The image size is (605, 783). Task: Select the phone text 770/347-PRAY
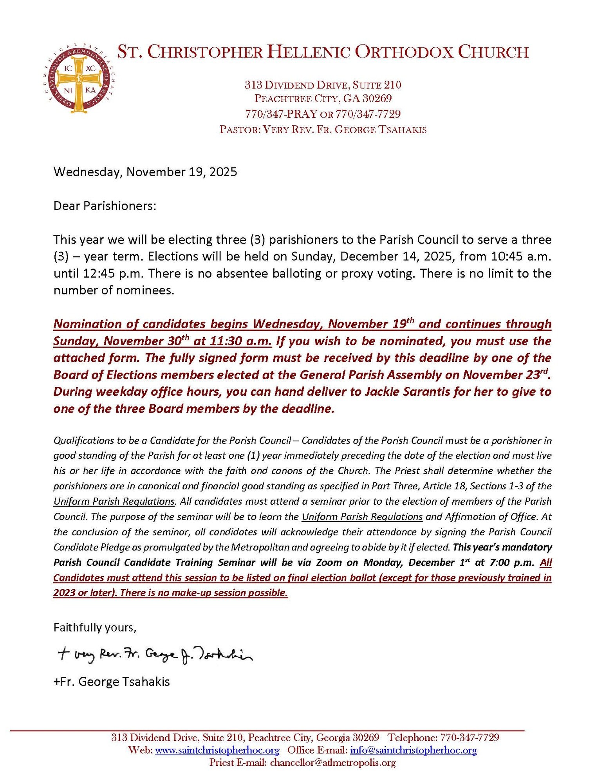(x=281, y=114)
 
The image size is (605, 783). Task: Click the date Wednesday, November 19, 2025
(x=145, y=172)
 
